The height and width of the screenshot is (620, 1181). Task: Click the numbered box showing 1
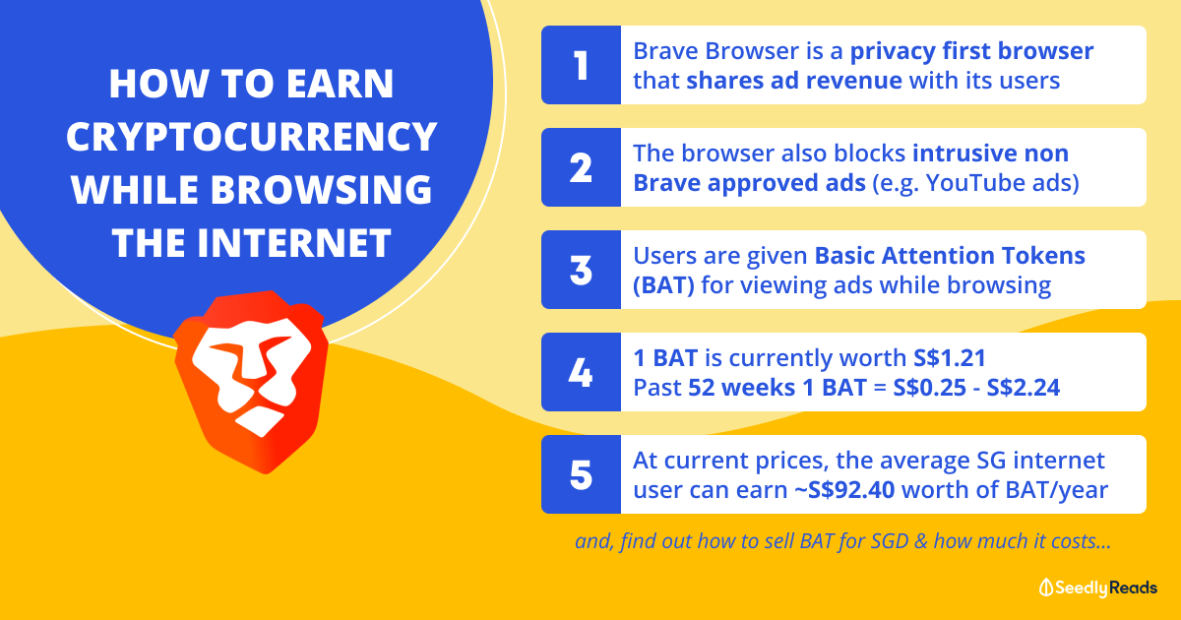[x=581, y=65]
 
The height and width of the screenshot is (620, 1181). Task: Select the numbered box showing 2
[x=581, y=167]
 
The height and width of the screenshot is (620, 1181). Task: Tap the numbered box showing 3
[x=581, y=270]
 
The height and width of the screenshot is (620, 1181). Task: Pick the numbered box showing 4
[x=581, y=372]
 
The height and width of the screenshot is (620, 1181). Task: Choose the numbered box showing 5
[x=581, y=474]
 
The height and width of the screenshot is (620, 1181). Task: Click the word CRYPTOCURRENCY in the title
[x=252, y=137]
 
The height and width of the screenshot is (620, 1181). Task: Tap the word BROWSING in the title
[x=322, y=190]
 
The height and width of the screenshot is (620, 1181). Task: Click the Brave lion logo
[x=252, y=381]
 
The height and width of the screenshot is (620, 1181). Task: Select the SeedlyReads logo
[x=1098, y=588]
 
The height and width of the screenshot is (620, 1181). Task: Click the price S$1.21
[x=950, y=358]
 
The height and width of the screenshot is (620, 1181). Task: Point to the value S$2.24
[x=1023, y=388]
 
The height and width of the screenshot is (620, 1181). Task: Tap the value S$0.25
[x=929, y=388]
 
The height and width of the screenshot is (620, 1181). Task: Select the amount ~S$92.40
[x=844, y=490]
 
